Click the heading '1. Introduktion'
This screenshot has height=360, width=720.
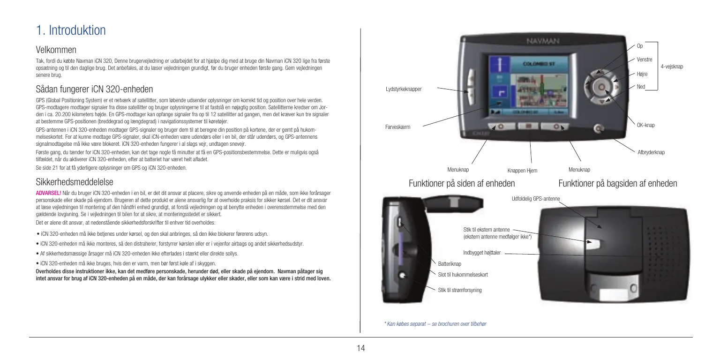point(71,31)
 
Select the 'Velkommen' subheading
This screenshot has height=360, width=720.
point(56,50)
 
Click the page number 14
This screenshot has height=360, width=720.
point(360,348)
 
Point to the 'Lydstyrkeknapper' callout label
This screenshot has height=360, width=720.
point(403,89)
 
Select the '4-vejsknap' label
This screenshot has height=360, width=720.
point(672,67)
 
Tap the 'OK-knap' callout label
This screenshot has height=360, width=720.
point(645,125)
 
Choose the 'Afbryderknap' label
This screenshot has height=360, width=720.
point(651,152)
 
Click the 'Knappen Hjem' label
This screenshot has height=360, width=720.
point(522,171)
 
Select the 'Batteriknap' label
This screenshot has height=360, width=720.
point(450,264)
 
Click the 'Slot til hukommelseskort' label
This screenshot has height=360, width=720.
point(463,274)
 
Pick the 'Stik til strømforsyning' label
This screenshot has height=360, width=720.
point(459,290)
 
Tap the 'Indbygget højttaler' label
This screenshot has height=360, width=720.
point(482,253)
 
